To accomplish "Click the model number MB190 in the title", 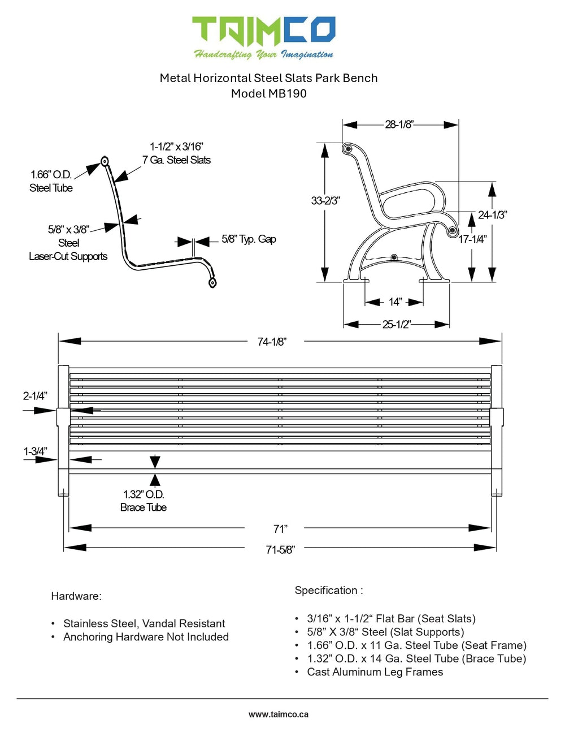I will (287, 94).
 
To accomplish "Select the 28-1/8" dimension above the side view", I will (399, 124).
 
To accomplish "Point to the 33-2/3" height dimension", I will (325, 201).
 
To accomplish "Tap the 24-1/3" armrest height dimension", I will (492, 215).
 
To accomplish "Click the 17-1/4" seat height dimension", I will (472, 239).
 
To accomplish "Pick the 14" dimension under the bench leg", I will (395, 302).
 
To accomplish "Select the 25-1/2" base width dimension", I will (396, 325).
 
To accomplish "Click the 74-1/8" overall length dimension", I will (272, 342).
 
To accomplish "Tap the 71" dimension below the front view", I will (280, 529).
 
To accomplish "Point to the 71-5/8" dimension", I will (280, 550).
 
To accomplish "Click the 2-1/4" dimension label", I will (35, 396).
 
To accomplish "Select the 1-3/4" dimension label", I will (35, 451).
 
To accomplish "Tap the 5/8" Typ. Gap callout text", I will (249, 239).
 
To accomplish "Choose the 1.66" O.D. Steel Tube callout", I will (51, 181).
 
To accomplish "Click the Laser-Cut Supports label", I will (68, 256).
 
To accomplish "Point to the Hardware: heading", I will (76, 596).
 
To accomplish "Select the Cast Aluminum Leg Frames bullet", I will (375, 672).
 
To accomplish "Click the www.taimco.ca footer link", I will (279, 714).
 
